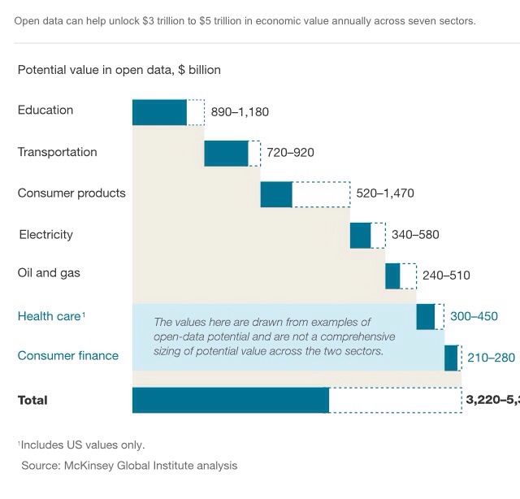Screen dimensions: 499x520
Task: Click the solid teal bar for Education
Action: pyautogui.click(x=159, y=112)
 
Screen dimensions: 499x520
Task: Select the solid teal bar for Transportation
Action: pyautogui.click(x=226, y=153)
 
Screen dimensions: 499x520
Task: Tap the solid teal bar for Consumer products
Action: pyautogui.click(x=276, y=194)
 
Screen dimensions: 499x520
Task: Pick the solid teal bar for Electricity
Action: pyautogui.click(x=360, y=235)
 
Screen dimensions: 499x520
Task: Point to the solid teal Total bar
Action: pyautogui.click(x=231, y=400)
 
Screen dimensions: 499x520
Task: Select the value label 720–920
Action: pyautogui.click(x=290, y=153)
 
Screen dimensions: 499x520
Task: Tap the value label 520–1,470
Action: pyautogui.click(x=385, y=193)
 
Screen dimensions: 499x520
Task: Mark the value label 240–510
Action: pyautogui.click(x=446, y=276)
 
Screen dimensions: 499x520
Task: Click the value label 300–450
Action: pyautogui.click(x=474, y=316)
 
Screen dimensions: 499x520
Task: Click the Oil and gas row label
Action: pyautogui.click(x=49, y=273)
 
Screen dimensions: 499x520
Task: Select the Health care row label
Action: pyautogui.click(x=50, y=316)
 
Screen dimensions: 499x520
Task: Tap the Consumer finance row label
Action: pyautogui.click(x=68, y=355)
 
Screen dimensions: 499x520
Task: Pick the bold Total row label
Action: pyautogui.click(x=32, y=400)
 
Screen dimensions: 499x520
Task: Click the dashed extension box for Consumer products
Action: pyautogui.click(x=321, y=194)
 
